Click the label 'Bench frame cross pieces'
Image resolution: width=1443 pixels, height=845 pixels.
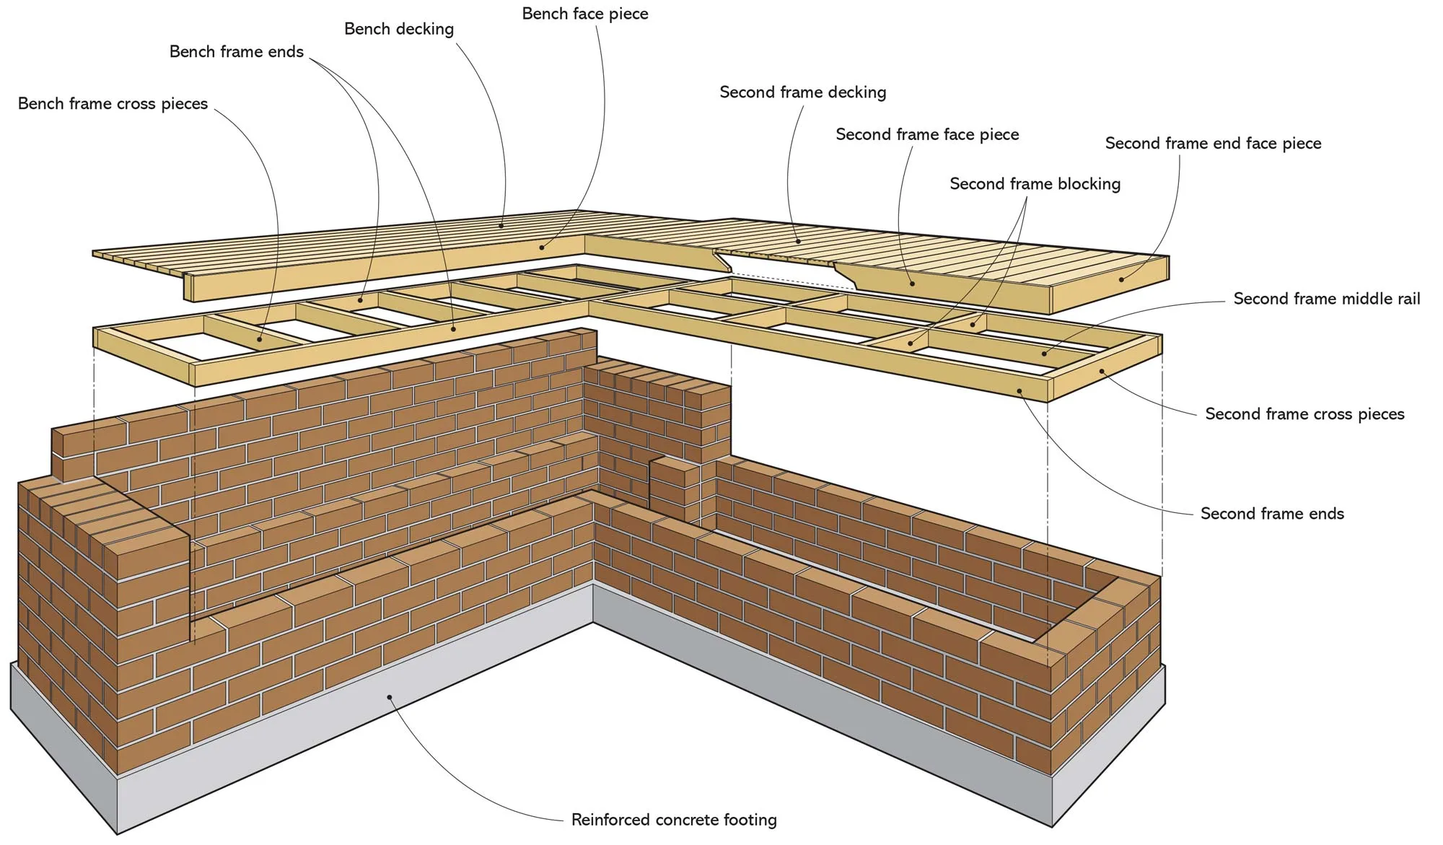(113, 104)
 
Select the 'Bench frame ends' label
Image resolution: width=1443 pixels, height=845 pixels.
(236, 52)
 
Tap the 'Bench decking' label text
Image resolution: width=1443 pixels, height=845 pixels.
(398, 29)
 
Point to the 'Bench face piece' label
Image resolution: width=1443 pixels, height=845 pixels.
(584, 14)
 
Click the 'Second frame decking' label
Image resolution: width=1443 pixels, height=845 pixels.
(802, 92)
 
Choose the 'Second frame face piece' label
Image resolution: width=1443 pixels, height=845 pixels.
(926, 134)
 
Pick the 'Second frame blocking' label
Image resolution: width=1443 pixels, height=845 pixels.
(1035, 184)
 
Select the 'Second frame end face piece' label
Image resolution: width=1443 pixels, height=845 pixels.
(1213, 144)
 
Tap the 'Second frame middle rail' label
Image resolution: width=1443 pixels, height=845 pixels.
(1326, 299)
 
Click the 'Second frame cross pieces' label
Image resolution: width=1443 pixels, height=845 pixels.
(1304, 414)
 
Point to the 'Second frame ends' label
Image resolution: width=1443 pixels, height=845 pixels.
(1272, 514)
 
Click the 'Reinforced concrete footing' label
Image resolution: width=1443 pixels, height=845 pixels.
(673, 820)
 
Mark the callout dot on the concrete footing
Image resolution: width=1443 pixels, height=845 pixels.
(390, 697)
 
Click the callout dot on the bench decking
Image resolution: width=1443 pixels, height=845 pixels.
(501, 225)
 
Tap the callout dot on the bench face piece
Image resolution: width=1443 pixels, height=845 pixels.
(542, 248)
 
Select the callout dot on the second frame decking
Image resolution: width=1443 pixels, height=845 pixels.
(798, 242)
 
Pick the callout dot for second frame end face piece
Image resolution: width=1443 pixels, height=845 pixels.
(1121, 279)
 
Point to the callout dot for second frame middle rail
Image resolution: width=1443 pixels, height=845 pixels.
(1044, 354)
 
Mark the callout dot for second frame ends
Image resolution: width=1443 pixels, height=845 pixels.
(1019, 390)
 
